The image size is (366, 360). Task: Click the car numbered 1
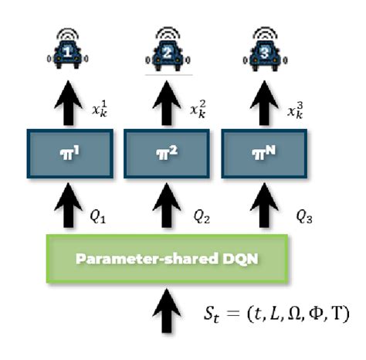[x=70, y=53]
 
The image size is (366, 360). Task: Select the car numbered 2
[x=164, y=53]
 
